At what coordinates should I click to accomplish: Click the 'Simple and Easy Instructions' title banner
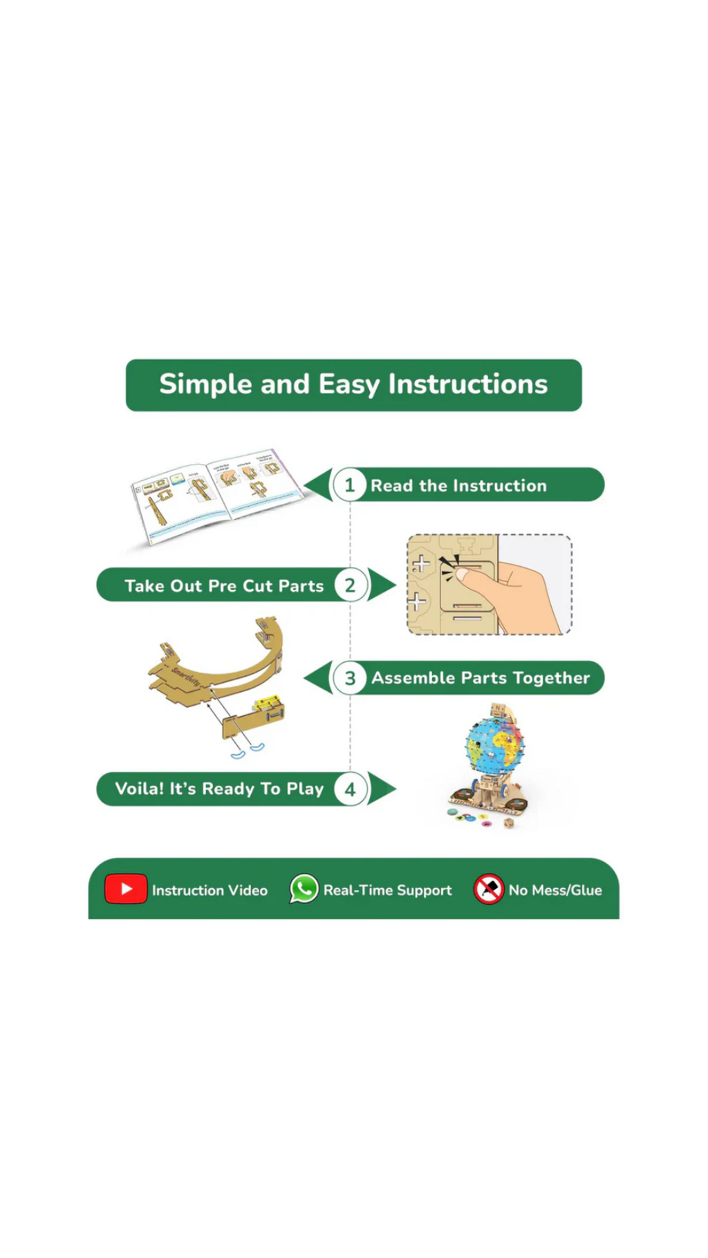(353, 385)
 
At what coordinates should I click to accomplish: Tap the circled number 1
(349, 485)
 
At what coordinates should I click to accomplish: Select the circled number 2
(350, 585)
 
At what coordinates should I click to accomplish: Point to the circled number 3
(350, 678)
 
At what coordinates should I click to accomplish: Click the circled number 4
(350, 789)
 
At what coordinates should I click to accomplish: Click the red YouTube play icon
(126, 889)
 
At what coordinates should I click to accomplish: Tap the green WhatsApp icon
(304, 889)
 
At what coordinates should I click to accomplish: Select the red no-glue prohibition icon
(489, 889)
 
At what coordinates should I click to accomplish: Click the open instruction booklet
(216, 496)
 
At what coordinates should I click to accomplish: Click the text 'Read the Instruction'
(458, 486)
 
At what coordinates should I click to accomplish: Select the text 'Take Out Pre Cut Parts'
(224, 586)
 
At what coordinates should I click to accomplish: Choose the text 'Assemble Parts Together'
(481, 678)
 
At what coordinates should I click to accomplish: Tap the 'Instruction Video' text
(209, 890)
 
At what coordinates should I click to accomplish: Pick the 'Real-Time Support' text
(387, 890)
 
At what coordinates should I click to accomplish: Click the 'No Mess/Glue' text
(555, 890)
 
